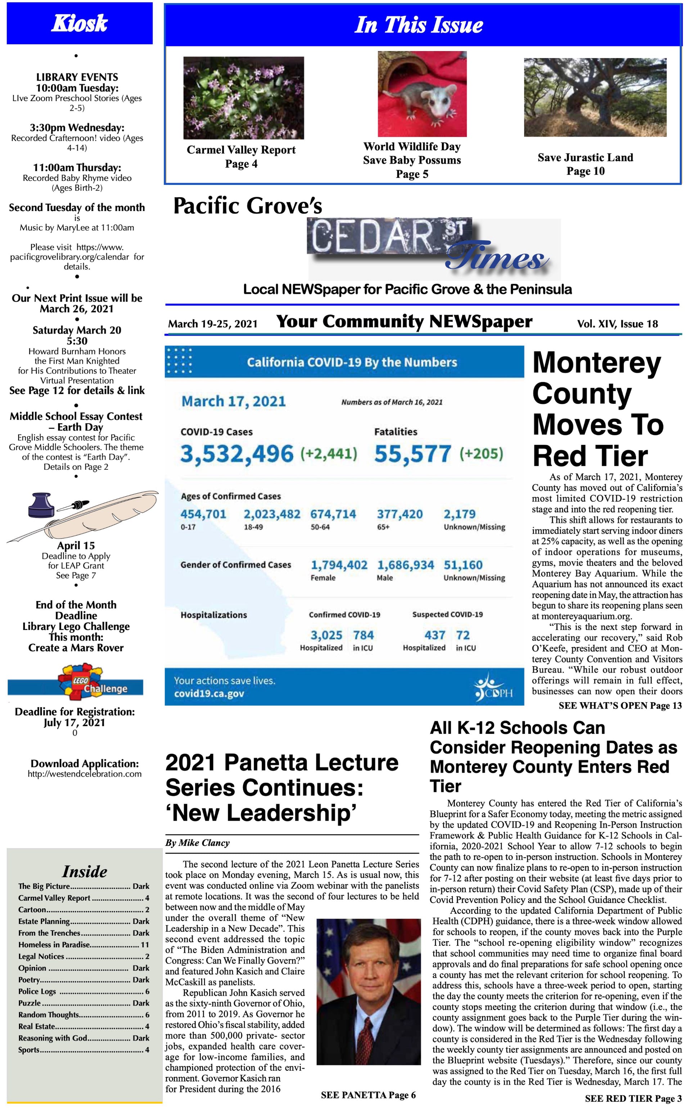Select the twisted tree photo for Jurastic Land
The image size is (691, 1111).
click(x=595, y=97)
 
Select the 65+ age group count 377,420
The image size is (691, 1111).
click(x=399, y=514)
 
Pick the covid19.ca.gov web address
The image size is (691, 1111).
click(x=209, y=693)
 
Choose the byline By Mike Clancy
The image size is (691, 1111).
click(x=198, y=843)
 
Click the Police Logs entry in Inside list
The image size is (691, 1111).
click(x=83, y=991)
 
